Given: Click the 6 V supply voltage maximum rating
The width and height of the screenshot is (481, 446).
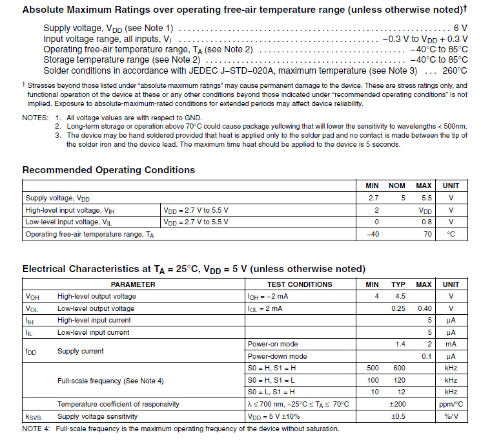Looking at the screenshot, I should [460, 28].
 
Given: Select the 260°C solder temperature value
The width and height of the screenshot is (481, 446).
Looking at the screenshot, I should [455, 70].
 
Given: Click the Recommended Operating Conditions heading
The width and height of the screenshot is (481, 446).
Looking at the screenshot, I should [108, 170].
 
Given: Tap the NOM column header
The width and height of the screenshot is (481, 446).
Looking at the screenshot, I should [398, 186].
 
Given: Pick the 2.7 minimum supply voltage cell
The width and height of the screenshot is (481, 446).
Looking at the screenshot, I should [373, 198].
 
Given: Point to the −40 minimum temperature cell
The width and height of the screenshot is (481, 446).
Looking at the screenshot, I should [373, 234].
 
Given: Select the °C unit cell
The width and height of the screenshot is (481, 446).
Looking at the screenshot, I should [451, 234].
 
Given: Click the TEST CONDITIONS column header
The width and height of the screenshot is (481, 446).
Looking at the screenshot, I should [300, 284].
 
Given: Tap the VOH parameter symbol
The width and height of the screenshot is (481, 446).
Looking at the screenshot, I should [33, 297].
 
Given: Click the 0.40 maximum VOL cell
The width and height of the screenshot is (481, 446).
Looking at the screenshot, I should [424, 309].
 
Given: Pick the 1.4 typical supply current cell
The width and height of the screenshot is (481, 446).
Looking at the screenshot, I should [400, 345].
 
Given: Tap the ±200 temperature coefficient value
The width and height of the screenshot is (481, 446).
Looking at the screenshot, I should [398, 405].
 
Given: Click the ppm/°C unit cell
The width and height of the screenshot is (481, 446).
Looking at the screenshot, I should [451, 405].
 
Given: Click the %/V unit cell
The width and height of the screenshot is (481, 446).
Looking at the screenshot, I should [451, 417].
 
